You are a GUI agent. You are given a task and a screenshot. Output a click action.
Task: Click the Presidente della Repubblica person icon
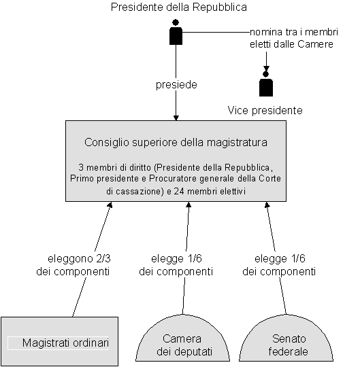[176, 32]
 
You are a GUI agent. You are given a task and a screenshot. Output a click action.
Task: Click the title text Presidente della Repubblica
[179, 7]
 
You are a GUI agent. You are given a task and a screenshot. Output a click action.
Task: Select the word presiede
[176, 84]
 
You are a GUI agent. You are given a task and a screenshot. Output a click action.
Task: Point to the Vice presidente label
[265, 110]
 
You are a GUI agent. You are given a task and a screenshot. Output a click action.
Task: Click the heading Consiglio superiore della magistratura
[176, 142]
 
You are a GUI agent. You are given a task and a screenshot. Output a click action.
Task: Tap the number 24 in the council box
[179, 191]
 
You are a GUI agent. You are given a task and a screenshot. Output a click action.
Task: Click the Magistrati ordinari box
[59, 341]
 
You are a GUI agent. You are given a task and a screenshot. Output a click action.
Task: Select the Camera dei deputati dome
[182, 338]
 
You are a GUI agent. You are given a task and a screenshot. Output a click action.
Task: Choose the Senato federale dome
[287, 338]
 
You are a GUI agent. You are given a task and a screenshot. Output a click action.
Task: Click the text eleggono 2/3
[79, 259]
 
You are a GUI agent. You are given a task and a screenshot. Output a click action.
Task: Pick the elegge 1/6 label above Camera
[176, 259]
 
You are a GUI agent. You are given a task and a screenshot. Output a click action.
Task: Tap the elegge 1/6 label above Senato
[280, 259]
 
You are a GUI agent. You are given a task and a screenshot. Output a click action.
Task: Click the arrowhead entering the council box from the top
[176, 118]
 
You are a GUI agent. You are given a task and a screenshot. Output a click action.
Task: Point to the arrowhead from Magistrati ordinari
[110, 205]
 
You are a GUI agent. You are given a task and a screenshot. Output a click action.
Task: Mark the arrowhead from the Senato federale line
[267, 205]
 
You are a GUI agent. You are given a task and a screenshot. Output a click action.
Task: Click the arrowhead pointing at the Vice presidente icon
[266, 69]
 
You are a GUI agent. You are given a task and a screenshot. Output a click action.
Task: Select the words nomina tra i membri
[294, 32]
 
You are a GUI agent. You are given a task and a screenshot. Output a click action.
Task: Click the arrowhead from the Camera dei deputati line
[189, 205]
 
